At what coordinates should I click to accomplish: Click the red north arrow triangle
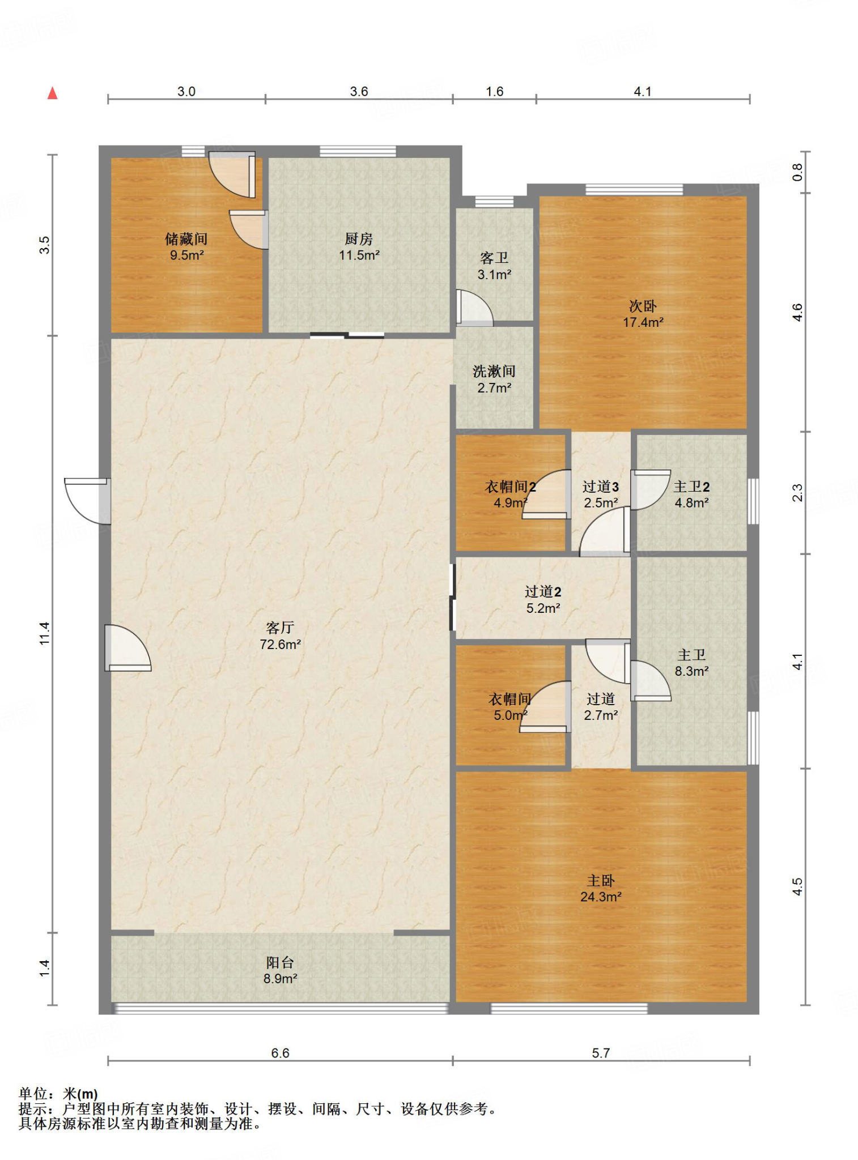coord(53,93)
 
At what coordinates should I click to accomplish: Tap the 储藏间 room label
coord(186,247)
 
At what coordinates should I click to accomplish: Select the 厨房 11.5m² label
coord(359,247)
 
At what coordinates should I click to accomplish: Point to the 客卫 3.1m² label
coord(494,266)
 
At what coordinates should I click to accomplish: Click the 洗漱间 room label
coord(494,379)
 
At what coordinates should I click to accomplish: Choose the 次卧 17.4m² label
coord(643,314)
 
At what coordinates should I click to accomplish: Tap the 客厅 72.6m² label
coord(280,636)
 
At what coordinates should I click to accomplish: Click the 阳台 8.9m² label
coord(280,970)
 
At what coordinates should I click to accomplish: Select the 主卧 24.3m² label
coord(601,888)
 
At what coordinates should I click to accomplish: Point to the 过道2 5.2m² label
coord(543,599)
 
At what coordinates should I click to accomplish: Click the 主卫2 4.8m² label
coord(691,494)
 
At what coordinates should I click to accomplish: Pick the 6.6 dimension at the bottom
coord(280,1052)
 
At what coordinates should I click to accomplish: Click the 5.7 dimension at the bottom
coord(601,1052)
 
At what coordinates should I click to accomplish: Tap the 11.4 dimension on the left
coord(44,633)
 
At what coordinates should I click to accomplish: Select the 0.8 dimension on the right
coord(797,172)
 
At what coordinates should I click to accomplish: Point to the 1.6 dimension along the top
coord(494,91)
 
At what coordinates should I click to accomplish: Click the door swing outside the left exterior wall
coord(87,501)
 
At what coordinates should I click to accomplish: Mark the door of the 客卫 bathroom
coord(474,308)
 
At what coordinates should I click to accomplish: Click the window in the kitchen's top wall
coord(358,151)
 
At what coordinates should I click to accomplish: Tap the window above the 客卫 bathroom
coord(494,201)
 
